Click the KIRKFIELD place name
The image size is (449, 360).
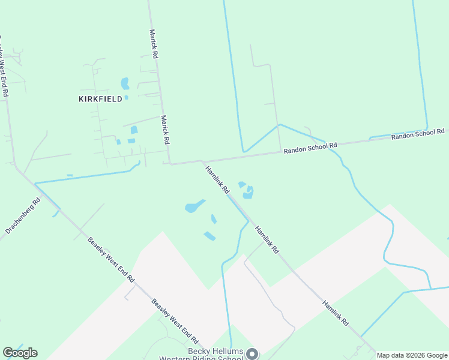(101, 98)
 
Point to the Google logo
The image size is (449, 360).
(20, 353)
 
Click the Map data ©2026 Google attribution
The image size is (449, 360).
(412, 355)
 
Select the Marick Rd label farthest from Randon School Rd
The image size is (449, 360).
(154, 44)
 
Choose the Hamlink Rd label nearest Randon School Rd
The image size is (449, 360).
(217, 179)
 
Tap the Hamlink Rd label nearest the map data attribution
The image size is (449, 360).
(336, 313)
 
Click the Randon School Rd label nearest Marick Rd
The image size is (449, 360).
(310, 148)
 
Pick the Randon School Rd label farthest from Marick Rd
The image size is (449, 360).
(418, 134)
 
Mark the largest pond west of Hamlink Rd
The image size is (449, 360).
(194, 206)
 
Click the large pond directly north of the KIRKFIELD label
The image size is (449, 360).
(125, 83)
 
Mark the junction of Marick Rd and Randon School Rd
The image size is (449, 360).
(170, 163)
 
